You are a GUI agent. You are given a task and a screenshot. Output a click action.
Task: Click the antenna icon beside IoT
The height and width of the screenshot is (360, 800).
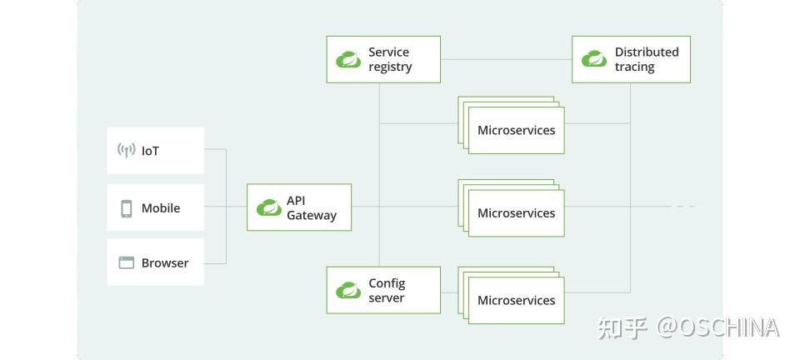(x=126, y=151)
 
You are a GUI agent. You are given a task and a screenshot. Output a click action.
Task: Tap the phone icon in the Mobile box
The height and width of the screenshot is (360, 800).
(x=126, y=208)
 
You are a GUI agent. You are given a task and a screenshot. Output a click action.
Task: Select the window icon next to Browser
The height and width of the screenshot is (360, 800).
(x=126, y=262)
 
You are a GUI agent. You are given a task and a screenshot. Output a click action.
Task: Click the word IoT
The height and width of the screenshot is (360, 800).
(x=151, y=151)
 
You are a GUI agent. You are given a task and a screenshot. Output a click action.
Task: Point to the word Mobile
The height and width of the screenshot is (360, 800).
(x=161, y=208)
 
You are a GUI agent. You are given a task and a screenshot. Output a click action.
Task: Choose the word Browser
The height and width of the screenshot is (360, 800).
(x=165, y=263)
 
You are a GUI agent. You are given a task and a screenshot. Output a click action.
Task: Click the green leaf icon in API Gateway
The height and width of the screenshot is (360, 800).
(x=269, y=207)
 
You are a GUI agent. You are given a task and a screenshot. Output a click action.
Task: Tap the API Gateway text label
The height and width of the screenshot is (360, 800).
(x=311, y=208)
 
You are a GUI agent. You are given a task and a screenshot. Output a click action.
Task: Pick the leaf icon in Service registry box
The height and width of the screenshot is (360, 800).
(x=348, y=60)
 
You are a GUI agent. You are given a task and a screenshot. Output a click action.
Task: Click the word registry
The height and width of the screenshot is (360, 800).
(x=390, y=67)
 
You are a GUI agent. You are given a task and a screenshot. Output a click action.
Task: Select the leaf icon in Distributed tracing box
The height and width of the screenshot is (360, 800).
(x=594, y=58)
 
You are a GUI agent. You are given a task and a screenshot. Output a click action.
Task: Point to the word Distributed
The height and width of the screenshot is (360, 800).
(x=647, y=52)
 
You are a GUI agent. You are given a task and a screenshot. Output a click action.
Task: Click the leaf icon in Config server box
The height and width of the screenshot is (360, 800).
(x=348, y=290)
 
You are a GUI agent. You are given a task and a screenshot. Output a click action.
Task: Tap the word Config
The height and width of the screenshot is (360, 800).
(x=387, y=283)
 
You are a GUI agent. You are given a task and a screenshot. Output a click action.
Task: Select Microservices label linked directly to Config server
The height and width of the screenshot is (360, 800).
(x=517, y=300)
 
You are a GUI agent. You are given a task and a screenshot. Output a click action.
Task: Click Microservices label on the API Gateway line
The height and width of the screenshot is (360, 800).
(x=517, y=213)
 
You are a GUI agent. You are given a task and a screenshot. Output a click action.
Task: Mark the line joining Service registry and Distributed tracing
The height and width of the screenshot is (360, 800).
(x=506, y=59)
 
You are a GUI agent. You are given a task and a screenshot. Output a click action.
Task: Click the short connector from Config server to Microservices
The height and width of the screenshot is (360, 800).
(x=449, y=292)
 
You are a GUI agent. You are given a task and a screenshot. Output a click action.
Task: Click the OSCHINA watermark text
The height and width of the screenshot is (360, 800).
(x=718, y=327)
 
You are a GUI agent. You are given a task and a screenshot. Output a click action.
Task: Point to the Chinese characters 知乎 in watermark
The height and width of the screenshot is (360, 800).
(x=622, y=327)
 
